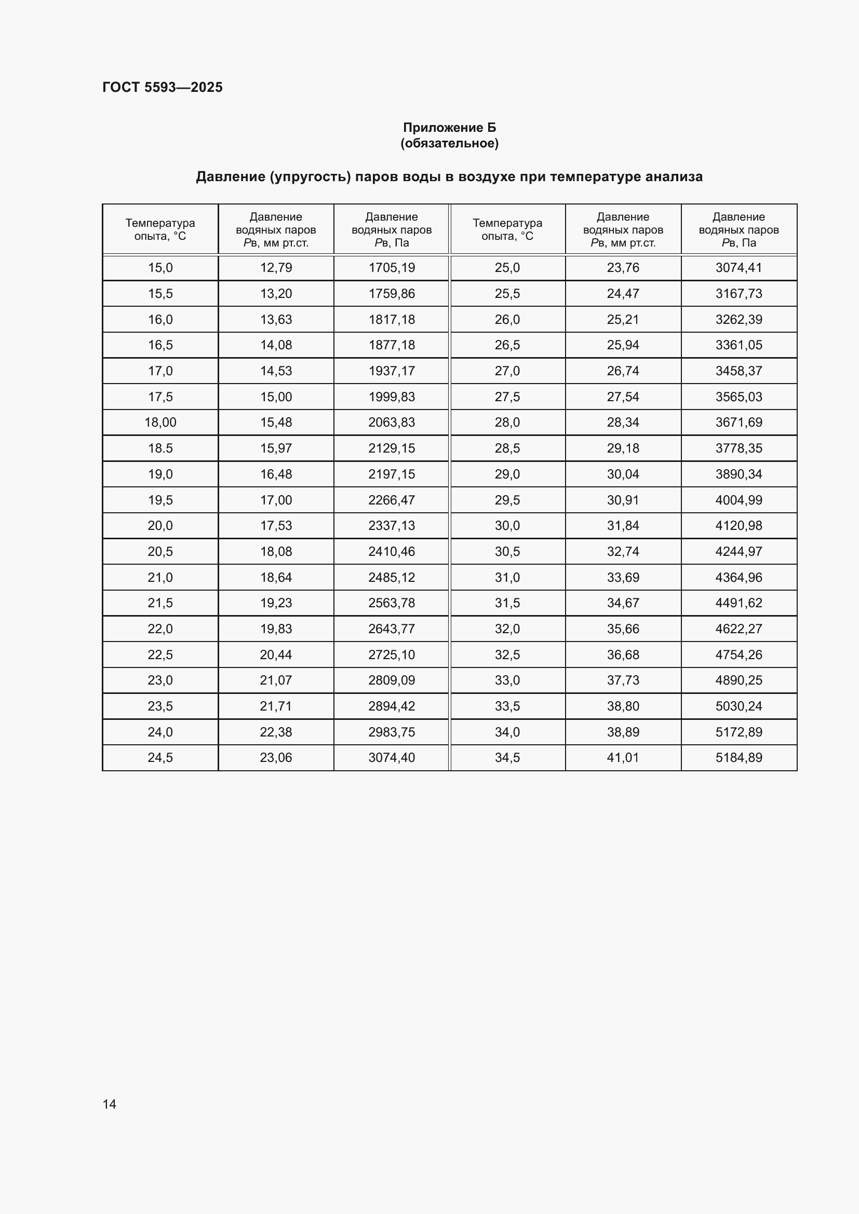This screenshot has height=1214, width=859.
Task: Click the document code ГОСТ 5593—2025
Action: tap(163, 87)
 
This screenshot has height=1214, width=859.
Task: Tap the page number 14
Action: tap(110, 1104)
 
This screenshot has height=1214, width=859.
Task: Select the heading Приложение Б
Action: tap(450, 128)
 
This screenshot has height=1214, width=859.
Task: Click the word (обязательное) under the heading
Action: tap(450, 143)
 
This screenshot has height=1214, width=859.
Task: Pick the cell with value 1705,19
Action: tap(392, 267)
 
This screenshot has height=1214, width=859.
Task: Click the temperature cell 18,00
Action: tap(160, 422)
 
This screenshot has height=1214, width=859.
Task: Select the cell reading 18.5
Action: tap(160, 448)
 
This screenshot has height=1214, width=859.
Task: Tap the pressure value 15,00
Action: tap(276, 397)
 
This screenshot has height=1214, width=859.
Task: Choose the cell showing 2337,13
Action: tap(392, 526)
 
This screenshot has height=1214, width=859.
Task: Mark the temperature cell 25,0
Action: tap(507, 267)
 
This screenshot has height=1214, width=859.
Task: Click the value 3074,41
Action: tap(739, 267)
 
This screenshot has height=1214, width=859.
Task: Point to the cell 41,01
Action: tap(623, 758)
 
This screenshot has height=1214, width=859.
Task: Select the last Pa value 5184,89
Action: tap(739, 758)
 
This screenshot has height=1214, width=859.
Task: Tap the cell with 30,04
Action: tap(623, 474)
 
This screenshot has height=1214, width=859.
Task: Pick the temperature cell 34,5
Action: tap(507, 758)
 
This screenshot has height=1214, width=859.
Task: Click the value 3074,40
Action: tap(392, 758)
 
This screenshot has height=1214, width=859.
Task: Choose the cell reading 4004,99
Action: tap(739, 500)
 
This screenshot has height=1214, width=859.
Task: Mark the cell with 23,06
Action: tap(276, 758)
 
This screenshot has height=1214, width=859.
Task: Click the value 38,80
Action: tap(623, 706)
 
